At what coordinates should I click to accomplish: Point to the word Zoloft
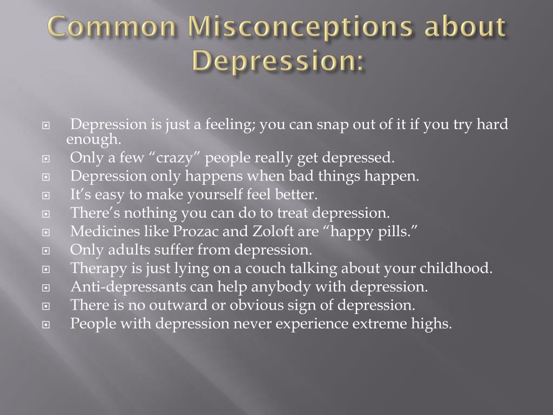coord(256,232)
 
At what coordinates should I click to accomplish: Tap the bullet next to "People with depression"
coord(46,325)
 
